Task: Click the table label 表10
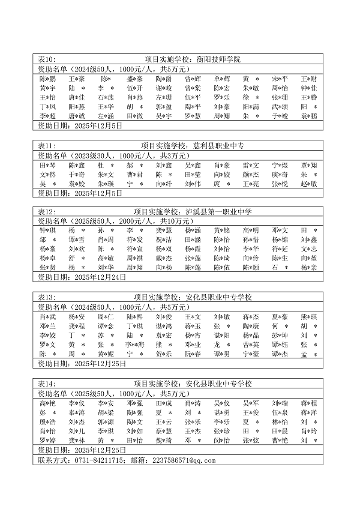tap(46, 59)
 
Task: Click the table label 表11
tap(46, 146)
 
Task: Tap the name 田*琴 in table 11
tap(48, 165)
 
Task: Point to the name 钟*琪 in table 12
tap(48, 231)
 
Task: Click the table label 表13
tap(46, 298)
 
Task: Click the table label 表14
tap(46, 384)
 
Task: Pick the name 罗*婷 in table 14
tap(48, 440)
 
